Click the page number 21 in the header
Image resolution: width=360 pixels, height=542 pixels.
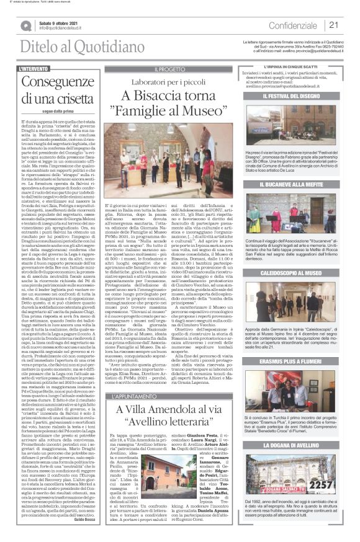point(333,25)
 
